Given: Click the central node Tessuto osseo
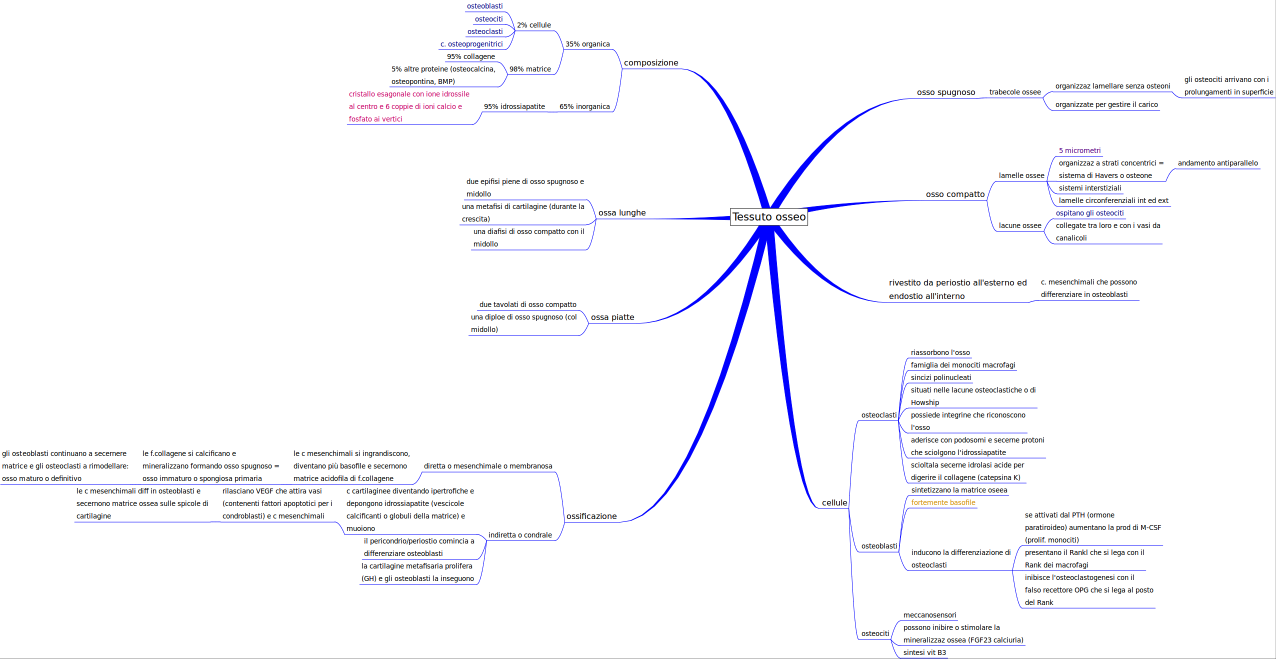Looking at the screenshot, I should click(x=768, y=217).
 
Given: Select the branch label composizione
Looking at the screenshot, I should click(x=650, y=63).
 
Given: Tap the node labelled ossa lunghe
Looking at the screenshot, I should click(x=621, y=213).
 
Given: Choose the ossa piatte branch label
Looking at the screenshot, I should click(x=612, y=317).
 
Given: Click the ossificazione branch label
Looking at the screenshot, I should click(x=591, y=516).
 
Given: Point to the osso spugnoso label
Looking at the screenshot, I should click(x=945, y=92).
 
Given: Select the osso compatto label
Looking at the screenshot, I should click(x=955, y=194).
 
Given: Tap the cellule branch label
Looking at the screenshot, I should click(x=834, y=503).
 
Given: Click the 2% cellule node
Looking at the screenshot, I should click(x=533, y=25).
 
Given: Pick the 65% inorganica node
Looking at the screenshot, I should click(x=584, y=107).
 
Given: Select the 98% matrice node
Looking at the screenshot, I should click(x=529, y=69).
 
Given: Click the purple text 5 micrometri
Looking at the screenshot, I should click(x=1079, y=151).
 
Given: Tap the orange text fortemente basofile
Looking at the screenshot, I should click(x=942, y=503).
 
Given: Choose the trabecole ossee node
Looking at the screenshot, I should click(x=1014, y=92).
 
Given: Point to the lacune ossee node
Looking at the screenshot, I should click(x=1019, y=226).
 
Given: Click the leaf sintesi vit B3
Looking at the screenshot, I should click(x=924, y=653).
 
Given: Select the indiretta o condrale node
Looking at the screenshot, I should click(x=519, y=535).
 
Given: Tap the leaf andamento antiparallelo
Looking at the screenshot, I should click(x=1217, y=163).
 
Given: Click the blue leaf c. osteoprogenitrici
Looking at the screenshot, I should click(x=471, y=44).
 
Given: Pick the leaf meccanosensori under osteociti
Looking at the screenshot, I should click(x=929, y=615).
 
